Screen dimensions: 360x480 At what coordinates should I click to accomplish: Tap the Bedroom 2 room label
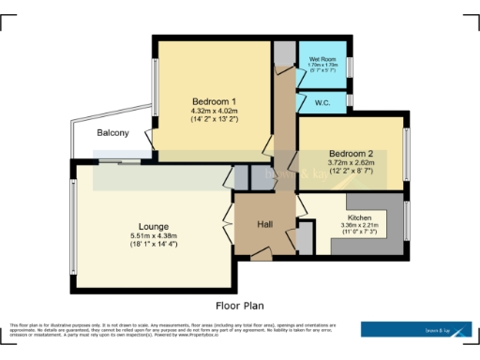[x=351, y=153]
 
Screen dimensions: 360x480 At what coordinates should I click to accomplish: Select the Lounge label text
[x=154, y=225]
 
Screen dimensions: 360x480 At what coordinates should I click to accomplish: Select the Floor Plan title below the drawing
[x=240, y=305]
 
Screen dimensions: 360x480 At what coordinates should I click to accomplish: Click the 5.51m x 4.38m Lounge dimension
[x=154, y=235]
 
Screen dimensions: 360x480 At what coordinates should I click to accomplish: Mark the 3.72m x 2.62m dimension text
[x=351, y=163]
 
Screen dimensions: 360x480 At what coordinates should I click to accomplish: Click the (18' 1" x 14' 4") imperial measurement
[x=154, y=244]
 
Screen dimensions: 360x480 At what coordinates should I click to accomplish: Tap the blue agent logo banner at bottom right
[x=416, y=329]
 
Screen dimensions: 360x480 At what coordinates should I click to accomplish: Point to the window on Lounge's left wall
[x=71, y=224]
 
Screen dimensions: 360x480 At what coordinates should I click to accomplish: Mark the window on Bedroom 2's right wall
[x=407, y=154]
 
